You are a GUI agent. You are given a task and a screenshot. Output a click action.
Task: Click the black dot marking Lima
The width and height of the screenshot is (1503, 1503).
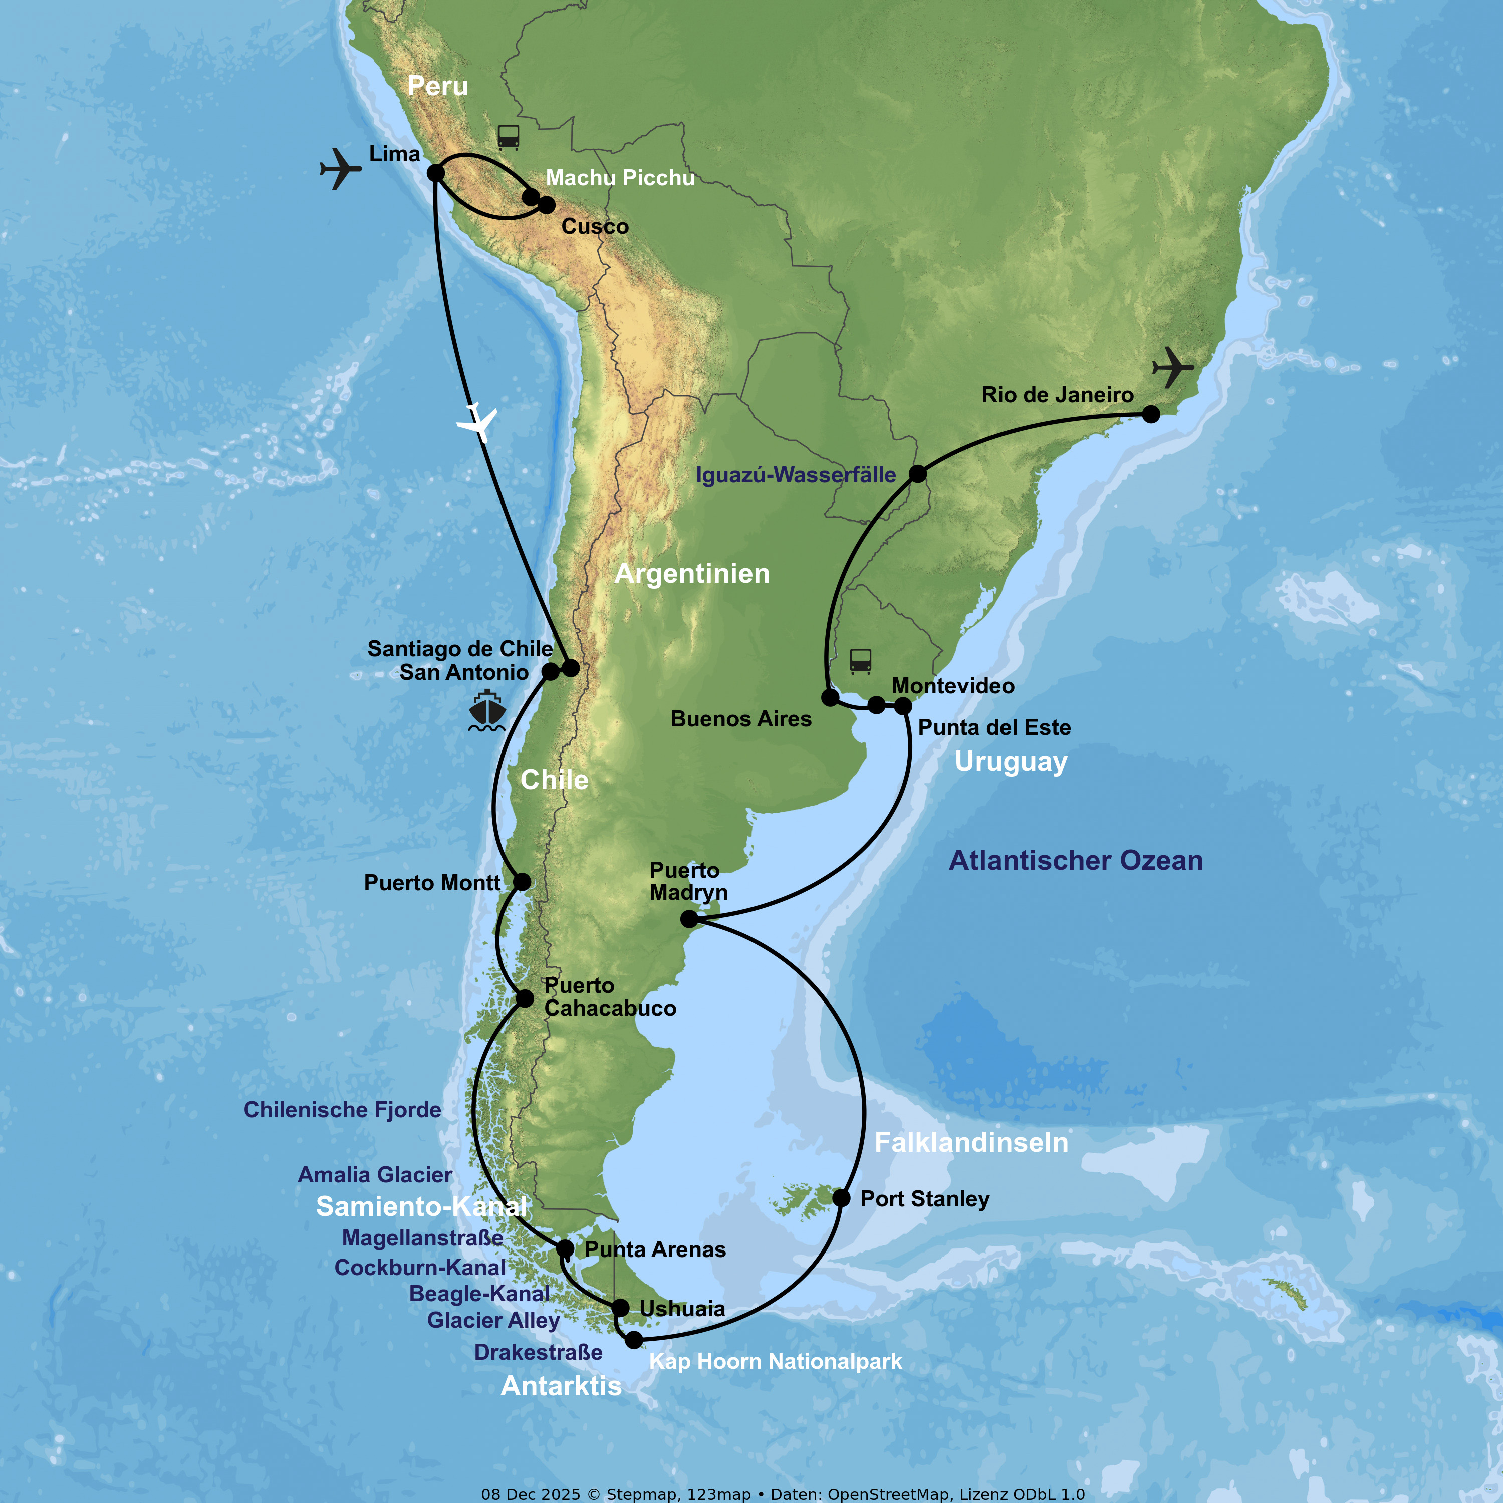pos(436,173)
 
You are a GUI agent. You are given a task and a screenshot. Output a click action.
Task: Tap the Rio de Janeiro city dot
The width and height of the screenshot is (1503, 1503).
pos(1151,415)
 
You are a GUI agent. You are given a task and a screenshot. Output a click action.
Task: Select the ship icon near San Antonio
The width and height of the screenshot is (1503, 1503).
pos(487,710)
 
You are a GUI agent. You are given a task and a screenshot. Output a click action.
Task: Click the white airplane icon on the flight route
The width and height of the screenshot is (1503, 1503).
pos(477,422)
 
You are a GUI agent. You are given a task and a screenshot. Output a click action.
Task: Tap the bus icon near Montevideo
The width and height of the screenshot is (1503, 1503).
pos(860,661)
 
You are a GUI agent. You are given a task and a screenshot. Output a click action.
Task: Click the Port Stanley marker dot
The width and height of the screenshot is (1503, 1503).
pos(841,1198)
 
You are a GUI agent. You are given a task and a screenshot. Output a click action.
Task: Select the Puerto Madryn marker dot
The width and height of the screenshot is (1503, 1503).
pos(689,919)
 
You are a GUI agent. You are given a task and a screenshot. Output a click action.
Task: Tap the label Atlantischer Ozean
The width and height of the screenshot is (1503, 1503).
pos(1076,860)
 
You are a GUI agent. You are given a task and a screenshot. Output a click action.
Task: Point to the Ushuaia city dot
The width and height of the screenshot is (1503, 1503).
pos(620,1308)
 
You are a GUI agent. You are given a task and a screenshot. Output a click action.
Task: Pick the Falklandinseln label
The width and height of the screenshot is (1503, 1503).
pos(971,1142)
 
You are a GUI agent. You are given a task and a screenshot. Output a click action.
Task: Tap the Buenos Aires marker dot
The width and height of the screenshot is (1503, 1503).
pos(830,697)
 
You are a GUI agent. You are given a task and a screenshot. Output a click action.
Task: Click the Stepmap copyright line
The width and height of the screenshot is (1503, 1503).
pos(783,1494)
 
